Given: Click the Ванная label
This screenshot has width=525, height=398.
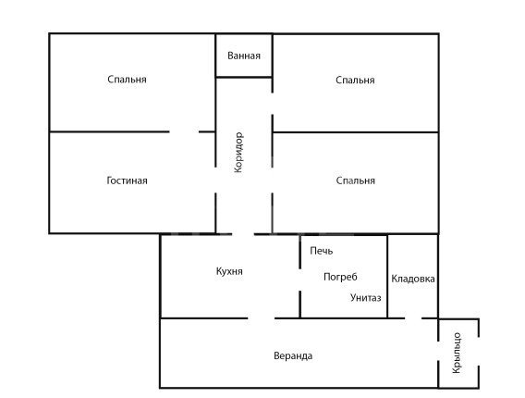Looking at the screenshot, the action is tap(244, 56).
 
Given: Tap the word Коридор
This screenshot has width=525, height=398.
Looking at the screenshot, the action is tap(238, 152).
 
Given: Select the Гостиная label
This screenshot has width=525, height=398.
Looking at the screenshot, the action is tap(127, 180).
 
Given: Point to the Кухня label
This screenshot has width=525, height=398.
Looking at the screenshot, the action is tap(229, 271).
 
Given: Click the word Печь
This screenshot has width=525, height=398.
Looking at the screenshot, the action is tap(322, 251).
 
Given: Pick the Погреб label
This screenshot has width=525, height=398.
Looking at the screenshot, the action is tap(340, 277).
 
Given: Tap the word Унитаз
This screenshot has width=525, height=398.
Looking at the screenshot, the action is tap(366, 298).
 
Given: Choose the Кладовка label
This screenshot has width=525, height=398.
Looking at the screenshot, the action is tap(413, 279).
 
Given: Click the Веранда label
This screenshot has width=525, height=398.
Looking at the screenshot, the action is tap(293, 355).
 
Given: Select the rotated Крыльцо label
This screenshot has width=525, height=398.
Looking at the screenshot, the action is tap(457, 353).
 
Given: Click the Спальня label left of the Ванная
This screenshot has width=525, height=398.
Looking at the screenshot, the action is tap(127, 80).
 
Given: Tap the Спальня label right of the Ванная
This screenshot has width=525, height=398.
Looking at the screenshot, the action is tap(355, 81).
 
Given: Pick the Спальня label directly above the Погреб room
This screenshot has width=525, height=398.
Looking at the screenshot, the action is tap(355, 180).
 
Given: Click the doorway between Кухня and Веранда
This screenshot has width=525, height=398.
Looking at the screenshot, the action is tap(262, 318).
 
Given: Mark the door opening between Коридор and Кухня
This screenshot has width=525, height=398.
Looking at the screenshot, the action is tap(243, 233).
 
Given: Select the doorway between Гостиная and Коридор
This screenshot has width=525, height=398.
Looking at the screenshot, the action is tap(215, 180).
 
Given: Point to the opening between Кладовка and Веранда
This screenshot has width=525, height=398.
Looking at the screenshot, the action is tap(413, 318).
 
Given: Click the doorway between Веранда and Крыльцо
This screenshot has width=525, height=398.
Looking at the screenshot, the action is tap(438, 351).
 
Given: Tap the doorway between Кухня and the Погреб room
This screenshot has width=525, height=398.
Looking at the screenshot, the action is tap(300, 280).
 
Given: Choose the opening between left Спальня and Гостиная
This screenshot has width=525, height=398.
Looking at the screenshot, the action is tap(184, 131).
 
